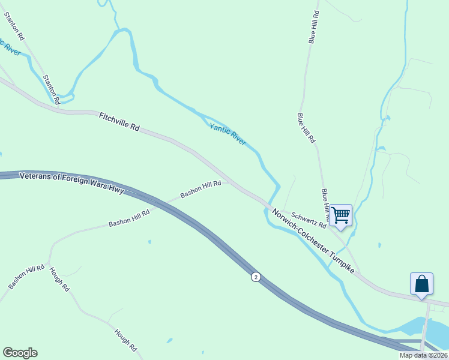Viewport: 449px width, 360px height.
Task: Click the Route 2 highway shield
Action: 256,277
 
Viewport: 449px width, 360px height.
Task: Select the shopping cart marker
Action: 340,215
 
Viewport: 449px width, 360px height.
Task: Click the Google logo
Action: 20,353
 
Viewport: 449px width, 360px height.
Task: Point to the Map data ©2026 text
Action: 424,355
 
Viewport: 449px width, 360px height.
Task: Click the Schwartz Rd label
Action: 309,220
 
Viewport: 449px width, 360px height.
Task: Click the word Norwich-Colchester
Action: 299,230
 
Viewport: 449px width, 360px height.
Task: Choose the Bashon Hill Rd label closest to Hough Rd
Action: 26,275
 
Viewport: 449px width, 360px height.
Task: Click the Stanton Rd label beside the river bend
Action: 52,90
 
